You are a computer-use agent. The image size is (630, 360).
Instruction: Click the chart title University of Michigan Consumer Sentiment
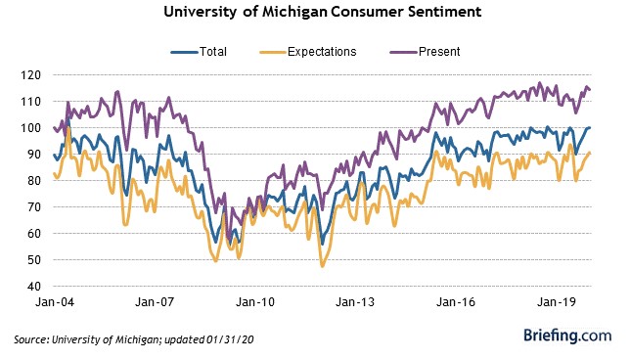[322, 12]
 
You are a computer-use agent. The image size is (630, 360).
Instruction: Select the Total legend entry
[199, 52]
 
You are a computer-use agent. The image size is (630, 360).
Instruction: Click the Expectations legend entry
[308, 52]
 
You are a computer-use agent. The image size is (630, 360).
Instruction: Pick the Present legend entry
[425, 52]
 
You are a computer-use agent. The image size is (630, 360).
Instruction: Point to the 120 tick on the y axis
[31, 75]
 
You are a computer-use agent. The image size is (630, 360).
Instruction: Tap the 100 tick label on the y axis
[31, 128]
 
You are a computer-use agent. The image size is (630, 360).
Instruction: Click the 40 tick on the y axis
[33, 286]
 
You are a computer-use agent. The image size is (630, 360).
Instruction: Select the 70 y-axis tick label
[33, 207]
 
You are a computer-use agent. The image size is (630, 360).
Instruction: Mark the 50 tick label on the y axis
[33, 260]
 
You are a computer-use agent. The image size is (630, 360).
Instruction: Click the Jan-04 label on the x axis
[55, 302]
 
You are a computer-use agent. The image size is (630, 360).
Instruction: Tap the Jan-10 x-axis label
[255, 302]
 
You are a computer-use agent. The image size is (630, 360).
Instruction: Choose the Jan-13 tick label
[355, 302]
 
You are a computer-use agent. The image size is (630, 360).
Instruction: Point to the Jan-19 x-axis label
[556, 302]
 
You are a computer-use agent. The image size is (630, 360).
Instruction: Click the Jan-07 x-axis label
[155, 302]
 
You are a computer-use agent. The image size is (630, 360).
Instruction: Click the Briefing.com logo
[567, 336]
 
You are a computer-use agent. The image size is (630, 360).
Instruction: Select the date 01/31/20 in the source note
[230, 339]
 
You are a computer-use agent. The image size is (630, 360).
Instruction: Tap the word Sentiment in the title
[445, 12]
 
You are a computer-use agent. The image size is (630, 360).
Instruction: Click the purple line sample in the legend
[403, 52]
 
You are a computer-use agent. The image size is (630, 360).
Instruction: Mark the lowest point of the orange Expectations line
[322, 266]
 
